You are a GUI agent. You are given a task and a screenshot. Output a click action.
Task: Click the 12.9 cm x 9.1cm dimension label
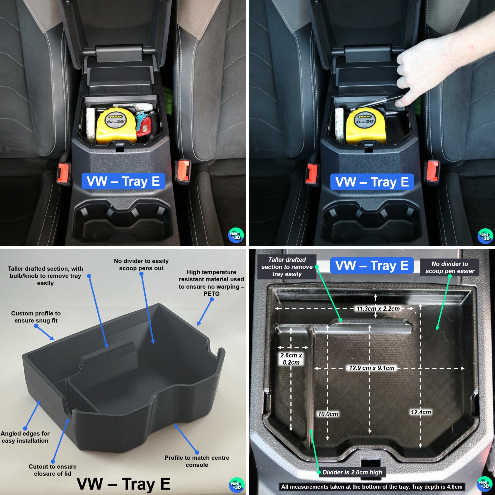(371, 368)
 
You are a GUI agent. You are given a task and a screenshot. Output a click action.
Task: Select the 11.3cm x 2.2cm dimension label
(378, 309)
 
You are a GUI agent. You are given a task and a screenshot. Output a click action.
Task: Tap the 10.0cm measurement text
(328, 414)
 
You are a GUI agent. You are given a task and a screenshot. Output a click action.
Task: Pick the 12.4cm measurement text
(421, 412)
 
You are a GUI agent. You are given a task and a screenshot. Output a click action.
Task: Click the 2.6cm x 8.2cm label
(291, 359)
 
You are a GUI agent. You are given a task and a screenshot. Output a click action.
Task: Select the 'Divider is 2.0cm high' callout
(352, 472)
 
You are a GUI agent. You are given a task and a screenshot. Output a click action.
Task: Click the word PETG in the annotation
(211, 294)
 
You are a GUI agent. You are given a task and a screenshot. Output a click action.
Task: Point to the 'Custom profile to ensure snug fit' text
(36, 317)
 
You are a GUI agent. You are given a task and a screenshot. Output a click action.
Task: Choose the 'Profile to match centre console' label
(197, 461)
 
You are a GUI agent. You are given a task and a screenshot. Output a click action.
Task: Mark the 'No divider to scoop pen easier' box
(450, 267)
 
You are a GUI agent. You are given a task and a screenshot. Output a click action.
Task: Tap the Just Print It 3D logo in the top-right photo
(485, 236)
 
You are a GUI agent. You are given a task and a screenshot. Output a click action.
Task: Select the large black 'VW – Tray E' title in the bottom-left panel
(124, 484)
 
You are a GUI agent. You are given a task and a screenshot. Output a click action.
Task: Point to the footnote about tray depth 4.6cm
(371, 487)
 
